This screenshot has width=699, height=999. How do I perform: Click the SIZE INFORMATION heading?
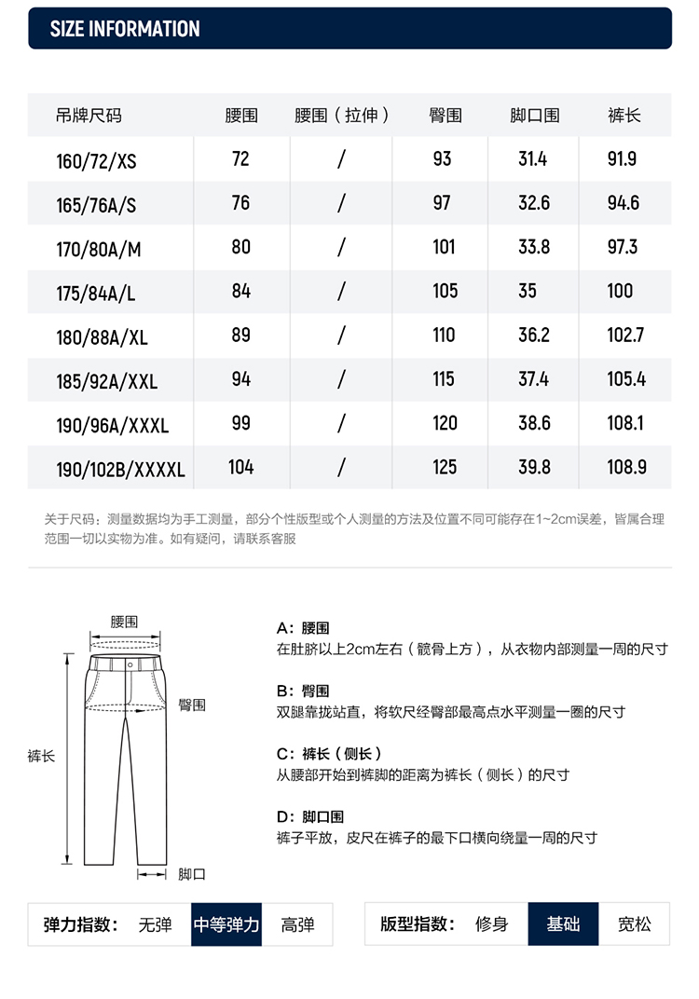(125, 29)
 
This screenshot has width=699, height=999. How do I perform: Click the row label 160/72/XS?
(96, 160)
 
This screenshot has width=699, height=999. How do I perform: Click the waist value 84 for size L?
(241, 291)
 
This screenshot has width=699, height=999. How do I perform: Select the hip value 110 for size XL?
(444, 335)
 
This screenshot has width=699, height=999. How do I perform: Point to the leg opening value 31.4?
(532, 159)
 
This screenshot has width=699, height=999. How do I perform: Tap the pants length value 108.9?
(626, 467)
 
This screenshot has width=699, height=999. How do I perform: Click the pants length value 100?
(620, 291)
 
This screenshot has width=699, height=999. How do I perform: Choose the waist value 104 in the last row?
(241, 467)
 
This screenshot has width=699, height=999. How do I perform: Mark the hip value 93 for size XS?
(443, 159)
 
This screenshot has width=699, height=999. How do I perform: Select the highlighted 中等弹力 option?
(226, 924)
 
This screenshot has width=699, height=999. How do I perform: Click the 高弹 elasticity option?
(297, 924)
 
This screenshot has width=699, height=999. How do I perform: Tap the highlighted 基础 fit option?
(563, 924)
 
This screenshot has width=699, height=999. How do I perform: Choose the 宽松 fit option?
(635, 924)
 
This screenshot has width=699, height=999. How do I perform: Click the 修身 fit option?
(492, 924)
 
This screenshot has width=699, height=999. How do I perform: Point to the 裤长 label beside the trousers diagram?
(42, 756)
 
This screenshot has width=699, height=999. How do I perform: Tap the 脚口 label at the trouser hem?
(192, 874)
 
